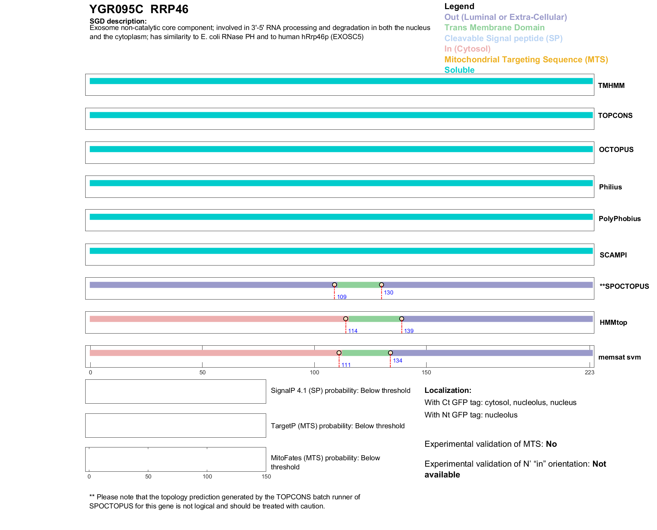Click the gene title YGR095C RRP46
click(138, 9)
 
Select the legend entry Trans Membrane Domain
click(494, 28)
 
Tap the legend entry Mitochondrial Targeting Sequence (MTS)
click(526, 60)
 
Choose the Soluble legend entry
click(459, 70)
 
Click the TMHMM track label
click(611, 86)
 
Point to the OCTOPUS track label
click(616, 150)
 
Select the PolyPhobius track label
click(619, 219)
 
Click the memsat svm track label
click(619, 357)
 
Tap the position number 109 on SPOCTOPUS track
click(342, 297)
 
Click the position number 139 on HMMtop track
click(409, 331)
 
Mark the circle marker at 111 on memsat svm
click(339, 353)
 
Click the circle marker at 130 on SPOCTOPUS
click(381, 285)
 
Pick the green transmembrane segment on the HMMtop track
click(373, 319)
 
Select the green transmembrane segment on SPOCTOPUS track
click(358, 285)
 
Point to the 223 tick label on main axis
click(589, 372)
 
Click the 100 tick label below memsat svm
click(314, 372)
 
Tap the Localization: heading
click(447, 390)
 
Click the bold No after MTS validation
click(551, 444)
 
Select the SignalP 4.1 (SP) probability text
click(340, 391)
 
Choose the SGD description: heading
click(118, 21)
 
